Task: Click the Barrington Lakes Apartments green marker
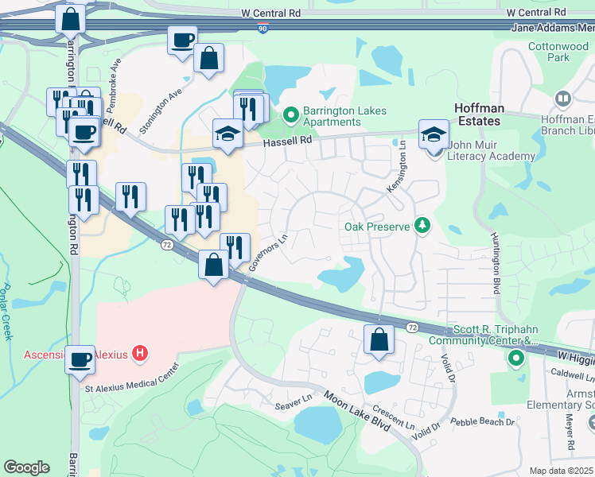point(290,116)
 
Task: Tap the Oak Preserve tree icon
point(422,227)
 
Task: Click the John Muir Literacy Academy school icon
point(434,133)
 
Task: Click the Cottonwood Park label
point(558,52)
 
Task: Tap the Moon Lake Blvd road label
point(356,410)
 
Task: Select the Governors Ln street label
point(267,253)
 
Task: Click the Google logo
point(26,467)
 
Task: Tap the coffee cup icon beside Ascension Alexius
point(80,359)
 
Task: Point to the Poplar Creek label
point(8,312)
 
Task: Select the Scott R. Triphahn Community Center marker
point(515,360)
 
